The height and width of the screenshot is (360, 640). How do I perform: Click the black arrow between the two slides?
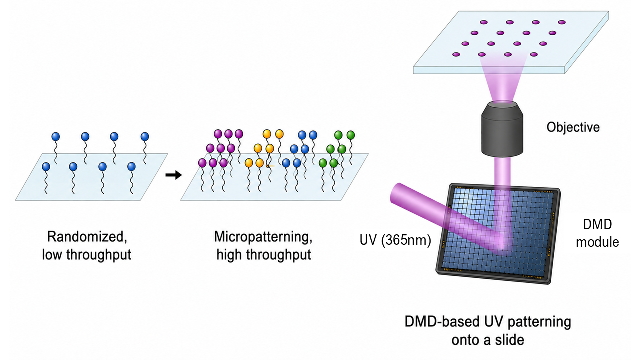click(x=173, y=175)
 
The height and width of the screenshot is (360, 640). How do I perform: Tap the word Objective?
click(x=573, y=127)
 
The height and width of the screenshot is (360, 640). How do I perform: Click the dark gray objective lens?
click(x=502, y=129)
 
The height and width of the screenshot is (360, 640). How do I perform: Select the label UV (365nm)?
click(x=395, y=240)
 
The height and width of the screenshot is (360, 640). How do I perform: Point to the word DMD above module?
click(x=597, y=225)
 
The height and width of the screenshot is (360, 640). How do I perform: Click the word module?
click(x=597, y=242)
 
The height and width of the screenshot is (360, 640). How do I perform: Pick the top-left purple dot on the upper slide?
click(x=484, y=22)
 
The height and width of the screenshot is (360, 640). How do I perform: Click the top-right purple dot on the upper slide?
click(x=562, y=22)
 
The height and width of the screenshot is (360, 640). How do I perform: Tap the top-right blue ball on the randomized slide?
click(x=145, y=137)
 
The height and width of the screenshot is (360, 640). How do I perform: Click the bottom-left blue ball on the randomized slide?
click(x=46, y=167)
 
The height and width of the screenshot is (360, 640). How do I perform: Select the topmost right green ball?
click(x=351, y=135)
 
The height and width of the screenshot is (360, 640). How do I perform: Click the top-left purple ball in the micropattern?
click(x=218, y=134)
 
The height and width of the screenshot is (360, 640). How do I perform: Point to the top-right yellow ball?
click(x=279, y=134)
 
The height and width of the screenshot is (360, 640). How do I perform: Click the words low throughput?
click(x=87, y=255)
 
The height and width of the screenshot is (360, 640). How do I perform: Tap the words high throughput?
click(x=263, y=255)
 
